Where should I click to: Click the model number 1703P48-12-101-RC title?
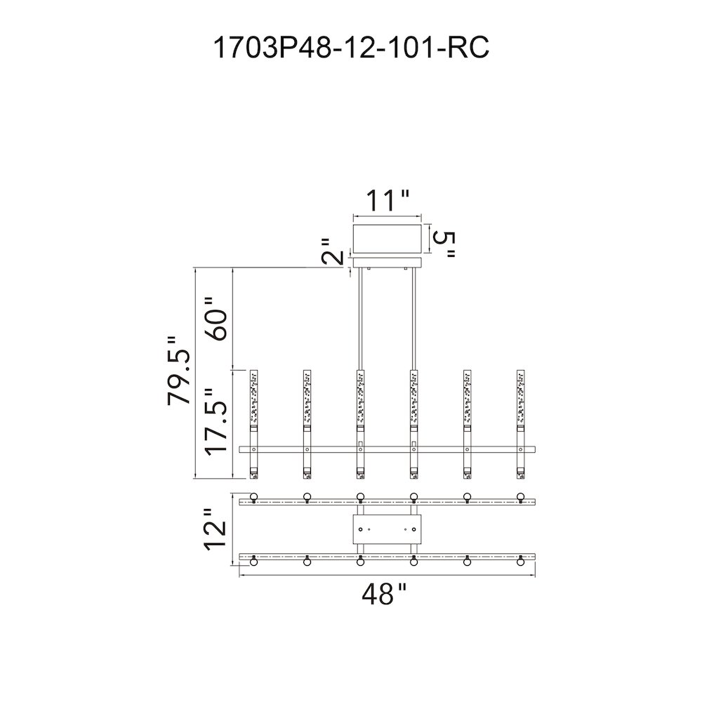(x=352, y=48)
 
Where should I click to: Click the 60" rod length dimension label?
(x=217, y=318)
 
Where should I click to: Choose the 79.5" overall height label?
(x=179, y=371)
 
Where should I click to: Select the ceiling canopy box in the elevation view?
(x=388, y=239)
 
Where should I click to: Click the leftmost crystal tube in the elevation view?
(x=254, y=425)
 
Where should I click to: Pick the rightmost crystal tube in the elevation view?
(x=520, y=425)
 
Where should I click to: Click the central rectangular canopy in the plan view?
(x=388, y=529)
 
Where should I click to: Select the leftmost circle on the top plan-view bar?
(x=254, y=496)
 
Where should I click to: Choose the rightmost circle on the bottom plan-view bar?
(x=520, y=561)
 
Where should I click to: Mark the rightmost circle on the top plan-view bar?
(x=520, y=496)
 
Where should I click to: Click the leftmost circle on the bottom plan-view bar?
(x=254, y=561)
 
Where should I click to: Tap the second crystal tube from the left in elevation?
(x=307, y=425)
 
